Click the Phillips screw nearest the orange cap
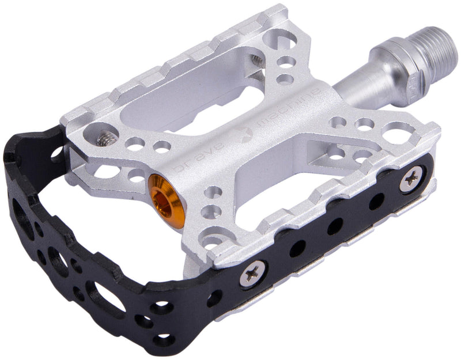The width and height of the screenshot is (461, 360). coord(253,274)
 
